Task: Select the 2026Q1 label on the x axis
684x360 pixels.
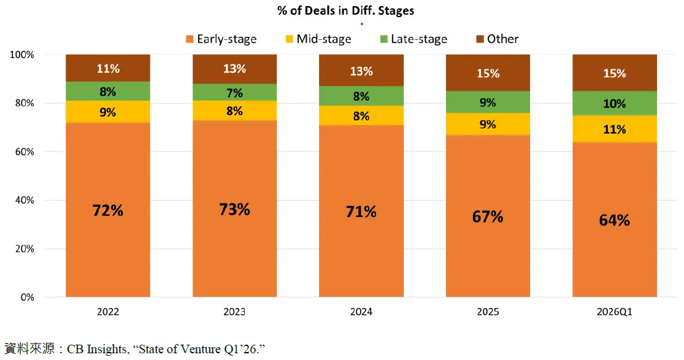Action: point(614,312)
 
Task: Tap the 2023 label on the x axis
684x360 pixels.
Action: point(234,312)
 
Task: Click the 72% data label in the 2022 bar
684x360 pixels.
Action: point(108,210)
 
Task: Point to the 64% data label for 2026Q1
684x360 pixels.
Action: point(614,220)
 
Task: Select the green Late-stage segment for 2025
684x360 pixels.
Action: point(488,102)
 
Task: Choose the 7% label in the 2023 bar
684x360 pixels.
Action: point(234,93)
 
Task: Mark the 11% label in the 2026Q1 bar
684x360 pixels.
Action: point(614,129)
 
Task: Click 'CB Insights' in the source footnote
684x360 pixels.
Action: point(85,349)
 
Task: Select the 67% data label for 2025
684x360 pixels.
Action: point(488,216)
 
